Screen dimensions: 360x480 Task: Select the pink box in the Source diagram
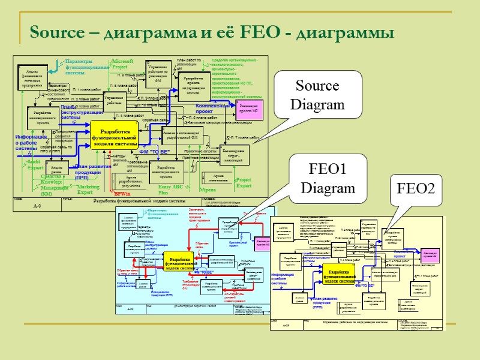[248, 110]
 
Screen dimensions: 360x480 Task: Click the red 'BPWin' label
[122, 194]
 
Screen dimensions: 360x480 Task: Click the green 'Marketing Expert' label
[89, 190]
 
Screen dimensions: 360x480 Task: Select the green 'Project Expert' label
[244, 183]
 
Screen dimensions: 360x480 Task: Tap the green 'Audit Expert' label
[35, 164]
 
